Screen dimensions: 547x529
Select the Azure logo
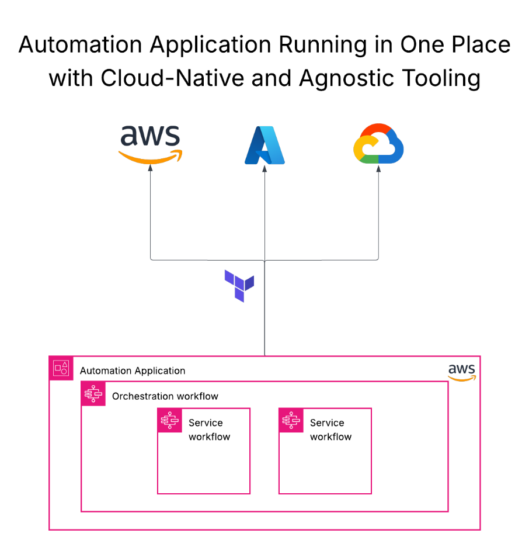[264, 145]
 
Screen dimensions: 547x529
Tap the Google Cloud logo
[378, 144]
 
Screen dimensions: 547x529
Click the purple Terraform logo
[239, 285]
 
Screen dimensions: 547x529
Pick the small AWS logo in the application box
[462, 372]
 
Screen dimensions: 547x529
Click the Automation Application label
[133, 371]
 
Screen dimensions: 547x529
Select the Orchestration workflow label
[165, 396]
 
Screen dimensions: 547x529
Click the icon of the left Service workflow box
[170, 420]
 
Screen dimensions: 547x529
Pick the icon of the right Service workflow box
[291, 420]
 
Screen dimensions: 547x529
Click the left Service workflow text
[209, 430]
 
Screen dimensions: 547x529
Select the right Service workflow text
[330, 430]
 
